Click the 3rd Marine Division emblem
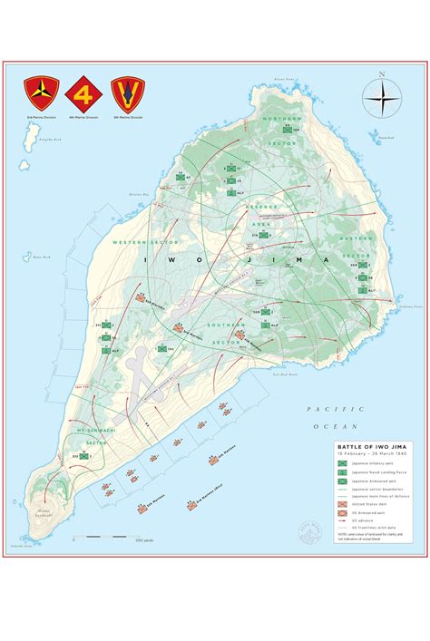point(41,91)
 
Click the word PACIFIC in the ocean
point(322,410)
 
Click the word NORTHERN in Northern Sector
point(278,119)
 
